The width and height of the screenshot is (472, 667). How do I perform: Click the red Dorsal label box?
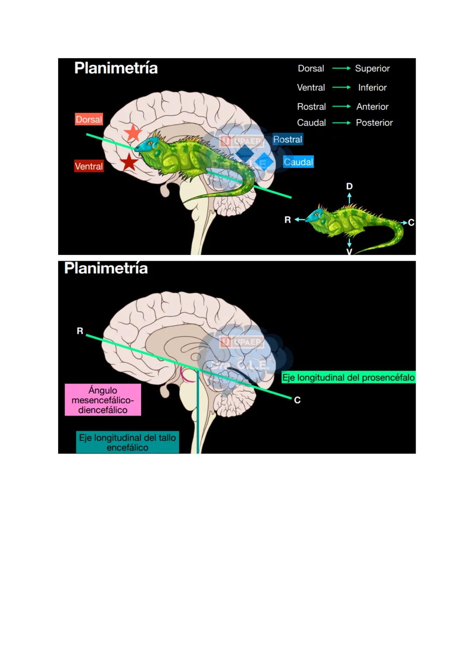[89, 119]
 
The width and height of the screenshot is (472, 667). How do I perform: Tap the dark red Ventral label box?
[89, 166]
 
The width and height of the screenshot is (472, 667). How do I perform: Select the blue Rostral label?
[288, 140]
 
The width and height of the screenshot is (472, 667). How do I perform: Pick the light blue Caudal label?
[298, 162]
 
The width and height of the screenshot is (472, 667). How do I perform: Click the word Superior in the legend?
[372, 68]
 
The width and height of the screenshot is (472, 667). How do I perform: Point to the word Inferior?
[372, 87]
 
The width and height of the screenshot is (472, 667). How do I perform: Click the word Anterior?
[372, 107]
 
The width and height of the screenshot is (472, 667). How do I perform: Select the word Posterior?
[374, 123]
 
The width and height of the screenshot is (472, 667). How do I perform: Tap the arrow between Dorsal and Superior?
[341, 68]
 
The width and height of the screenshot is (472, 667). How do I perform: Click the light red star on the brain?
[133, 133]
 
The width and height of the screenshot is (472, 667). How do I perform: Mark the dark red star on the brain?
[129, 162]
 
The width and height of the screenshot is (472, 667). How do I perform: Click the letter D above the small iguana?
[349, 186]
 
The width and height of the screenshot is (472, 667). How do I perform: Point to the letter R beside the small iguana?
[288, 220]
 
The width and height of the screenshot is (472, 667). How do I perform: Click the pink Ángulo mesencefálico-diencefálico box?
[103, 400]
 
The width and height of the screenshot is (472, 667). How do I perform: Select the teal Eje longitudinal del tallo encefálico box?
[127, 442]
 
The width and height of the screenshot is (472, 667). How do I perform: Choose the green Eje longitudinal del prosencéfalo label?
[348, 377]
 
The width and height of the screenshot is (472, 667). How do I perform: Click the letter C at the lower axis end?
[297, 400]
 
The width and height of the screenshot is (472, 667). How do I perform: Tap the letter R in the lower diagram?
[80, 331]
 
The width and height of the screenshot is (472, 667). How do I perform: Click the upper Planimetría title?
[116, 68]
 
